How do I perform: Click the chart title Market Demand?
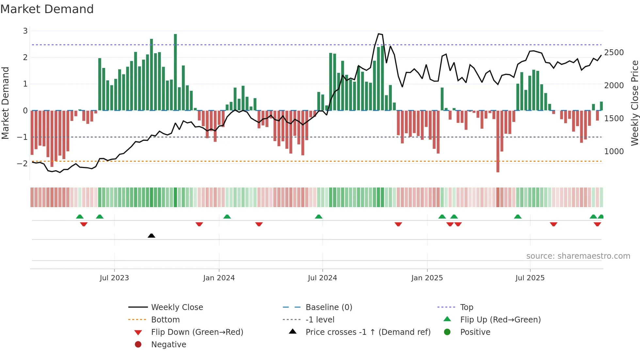[47, 9]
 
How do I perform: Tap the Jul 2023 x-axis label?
[114, 278]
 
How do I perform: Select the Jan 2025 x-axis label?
[427, 278]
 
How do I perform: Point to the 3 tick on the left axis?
[25, 31]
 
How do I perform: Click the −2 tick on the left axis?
[23, 164]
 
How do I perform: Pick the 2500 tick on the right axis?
[614, 53]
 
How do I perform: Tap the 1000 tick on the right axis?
[614, 152]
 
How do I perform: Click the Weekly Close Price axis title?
[634, 103]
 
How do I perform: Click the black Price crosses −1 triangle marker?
[152, 236]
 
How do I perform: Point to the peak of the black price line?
[379, 34]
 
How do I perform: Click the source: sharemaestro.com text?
[578, 256]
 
